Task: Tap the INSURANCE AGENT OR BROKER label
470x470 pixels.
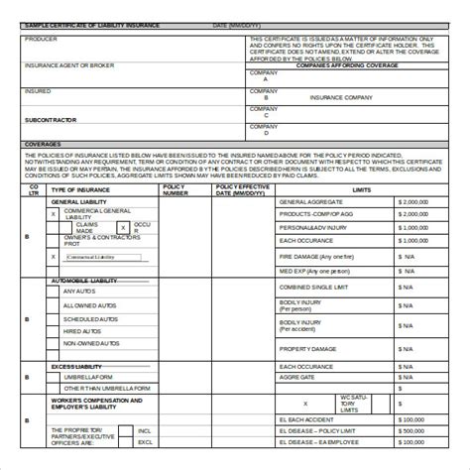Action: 70,65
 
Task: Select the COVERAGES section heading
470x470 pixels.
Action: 44,144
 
